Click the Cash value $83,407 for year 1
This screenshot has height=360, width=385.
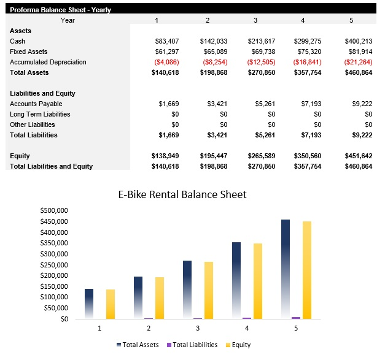[166, 41]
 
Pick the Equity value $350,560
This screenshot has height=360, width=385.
[309, 156]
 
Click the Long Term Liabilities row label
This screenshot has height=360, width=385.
[40, 114]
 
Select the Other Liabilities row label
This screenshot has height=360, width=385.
[33, 124]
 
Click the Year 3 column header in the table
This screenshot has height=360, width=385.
[255, 20]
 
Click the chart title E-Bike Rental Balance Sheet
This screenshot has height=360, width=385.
[182, 194]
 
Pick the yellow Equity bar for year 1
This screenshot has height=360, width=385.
[111, 304]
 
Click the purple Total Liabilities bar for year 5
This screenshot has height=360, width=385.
[296, 318]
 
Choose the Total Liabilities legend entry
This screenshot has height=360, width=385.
[192, 345]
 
